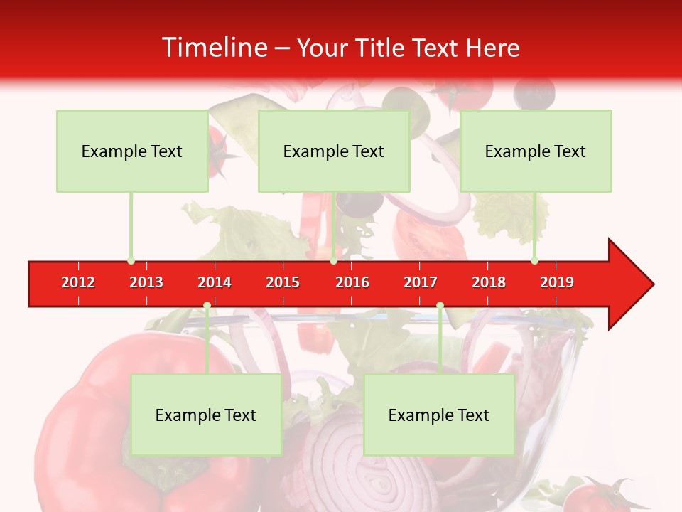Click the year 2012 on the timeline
point(78,282)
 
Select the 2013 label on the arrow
point(146,282)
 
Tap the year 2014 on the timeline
point(215,282)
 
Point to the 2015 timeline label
point(283,282)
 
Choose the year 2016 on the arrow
point(352,282)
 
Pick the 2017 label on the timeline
point(421,282)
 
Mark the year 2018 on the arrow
point(489,282)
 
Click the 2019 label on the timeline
point(557,282)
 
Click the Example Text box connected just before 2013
point(132,151)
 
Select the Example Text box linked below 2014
point(206,415)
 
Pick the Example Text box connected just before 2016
point(334,151)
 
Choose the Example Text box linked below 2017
point(439,415)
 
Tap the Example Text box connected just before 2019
point(536,151)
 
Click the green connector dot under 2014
point(207,306)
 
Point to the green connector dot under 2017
point(440,306)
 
